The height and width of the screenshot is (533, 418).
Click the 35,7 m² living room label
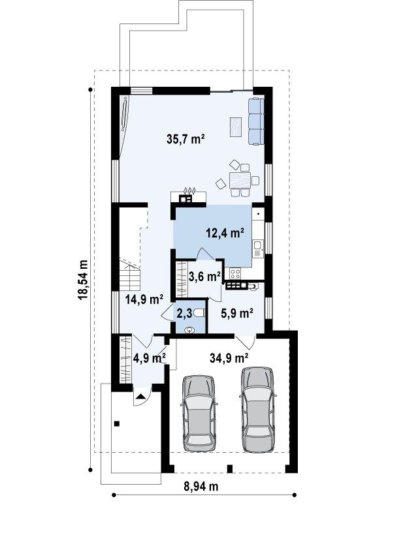(185, 139)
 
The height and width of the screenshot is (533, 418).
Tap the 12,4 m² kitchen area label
(225, 233)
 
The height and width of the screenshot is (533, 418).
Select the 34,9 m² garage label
(229, 358)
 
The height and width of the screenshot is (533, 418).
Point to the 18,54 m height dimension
(83, 279)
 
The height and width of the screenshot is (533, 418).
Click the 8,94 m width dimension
(201, 487)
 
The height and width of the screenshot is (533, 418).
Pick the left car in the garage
(199, 414)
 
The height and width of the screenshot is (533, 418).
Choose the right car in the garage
(257, 410)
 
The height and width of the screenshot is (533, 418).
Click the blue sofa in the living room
(256, 121)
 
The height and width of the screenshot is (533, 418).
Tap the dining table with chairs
(240, 179)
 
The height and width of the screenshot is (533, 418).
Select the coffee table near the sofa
(236, 127)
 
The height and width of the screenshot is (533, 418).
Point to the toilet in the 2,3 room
(201, 313)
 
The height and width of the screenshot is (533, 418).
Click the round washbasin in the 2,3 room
(189, 329)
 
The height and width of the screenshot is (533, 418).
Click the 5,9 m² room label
(237, 312)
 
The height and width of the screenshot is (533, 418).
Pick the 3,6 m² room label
(204, 277)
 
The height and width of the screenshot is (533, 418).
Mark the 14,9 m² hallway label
(144, 299)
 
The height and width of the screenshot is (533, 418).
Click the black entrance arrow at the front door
(141, 396)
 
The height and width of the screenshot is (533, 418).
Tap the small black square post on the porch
(117, 423)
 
